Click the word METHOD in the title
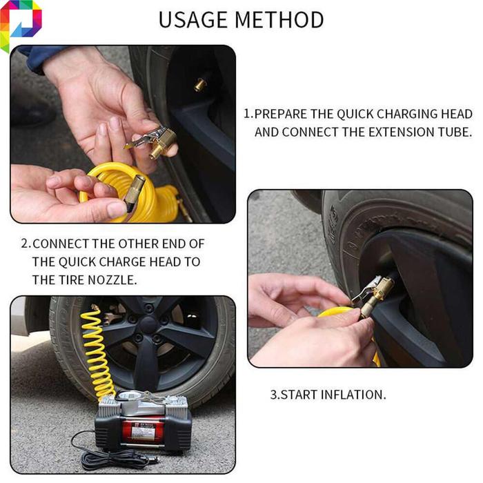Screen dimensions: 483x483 click(x=279, y=20)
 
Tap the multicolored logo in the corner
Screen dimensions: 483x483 click(x=19, y=25)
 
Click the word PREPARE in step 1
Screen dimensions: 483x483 click(x=281, y=114)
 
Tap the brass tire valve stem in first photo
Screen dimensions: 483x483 click(x=201, y=84)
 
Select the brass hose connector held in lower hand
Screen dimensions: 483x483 click(x=135, y=192)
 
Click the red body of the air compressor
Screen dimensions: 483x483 click(x=144, y=430)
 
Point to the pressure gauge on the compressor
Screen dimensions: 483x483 click(x=127, y=396)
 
